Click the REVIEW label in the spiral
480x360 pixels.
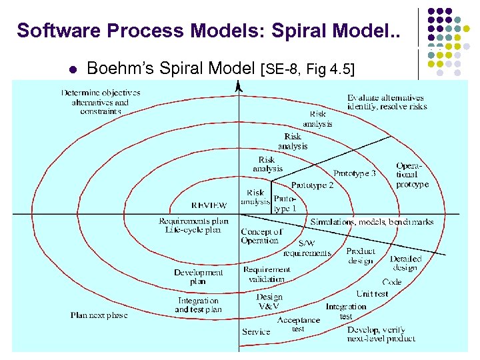pyautogui.click(x=209, y=205)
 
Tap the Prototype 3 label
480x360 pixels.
pyautogui.click(x=354, y=173)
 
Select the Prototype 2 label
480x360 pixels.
pyautogui.click(x=312, y=185)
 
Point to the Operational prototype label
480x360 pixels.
pyautogui.click(x=411, y=175)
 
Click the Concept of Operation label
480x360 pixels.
pyautogui.click(x=261, y=236)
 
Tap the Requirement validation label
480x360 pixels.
pyautogui.click(x=266, y=275)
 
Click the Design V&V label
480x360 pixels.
pyautogui.click(x=269, y=301)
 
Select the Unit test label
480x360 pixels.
pyautogui.click(x=372, y=293)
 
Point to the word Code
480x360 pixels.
pyautogui.click(x=391, y=282)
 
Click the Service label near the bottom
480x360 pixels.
pyautogui.click(x=256, y=331)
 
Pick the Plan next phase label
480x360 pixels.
pyautogui.click(x=99, y=315)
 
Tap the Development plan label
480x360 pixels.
pyautogui.click(x=198, y=277)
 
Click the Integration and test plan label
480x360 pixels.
pyautogui.click(x=198, y=305)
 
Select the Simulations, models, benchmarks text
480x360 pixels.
pyautogui.click(x=371, y=222)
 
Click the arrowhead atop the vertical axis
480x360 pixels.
pyautogui.click(x=239, y=85)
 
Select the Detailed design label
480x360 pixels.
pyautogui.click(x=405, y=263)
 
